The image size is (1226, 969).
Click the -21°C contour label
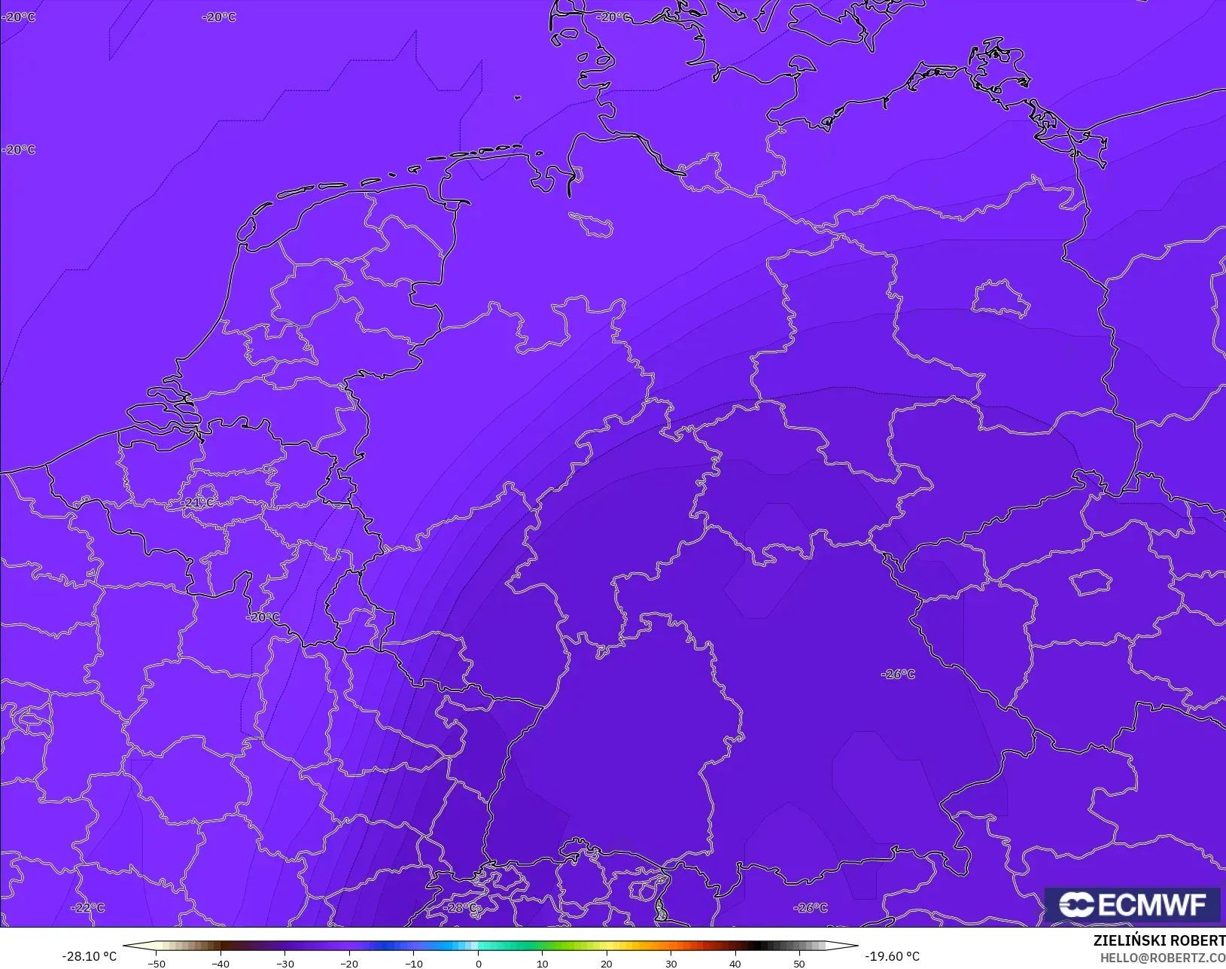point(198,502)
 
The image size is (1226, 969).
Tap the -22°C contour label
point(88,907)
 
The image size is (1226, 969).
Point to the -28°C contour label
point(461,907)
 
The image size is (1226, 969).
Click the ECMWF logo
point(1132,904)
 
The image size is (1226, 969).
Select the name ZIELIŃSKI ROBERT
point(1159,940)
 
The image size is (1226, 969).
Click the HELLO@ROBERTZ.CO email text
point(1163,958)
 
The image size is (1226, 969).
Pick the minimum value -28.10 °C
point(89,956)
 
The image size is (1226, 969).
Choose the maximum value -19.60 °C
point(892,956)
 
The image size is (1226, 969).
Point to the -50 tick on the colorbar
point(157,963)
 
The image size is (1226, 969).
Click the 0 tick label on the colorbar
point(478,963)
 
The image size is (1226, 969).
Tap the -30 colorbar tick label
point(285,963)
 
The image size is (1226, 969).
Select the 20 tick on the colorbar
point(607,963)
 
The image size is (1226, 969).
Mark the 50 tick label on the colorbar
point(799,963)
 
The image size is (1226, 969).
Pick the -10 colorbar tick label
point(414,963)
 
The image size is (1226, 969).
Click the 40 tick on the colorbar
point(735,963)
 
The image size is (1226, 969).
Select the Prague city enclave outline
point(1091,582)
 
